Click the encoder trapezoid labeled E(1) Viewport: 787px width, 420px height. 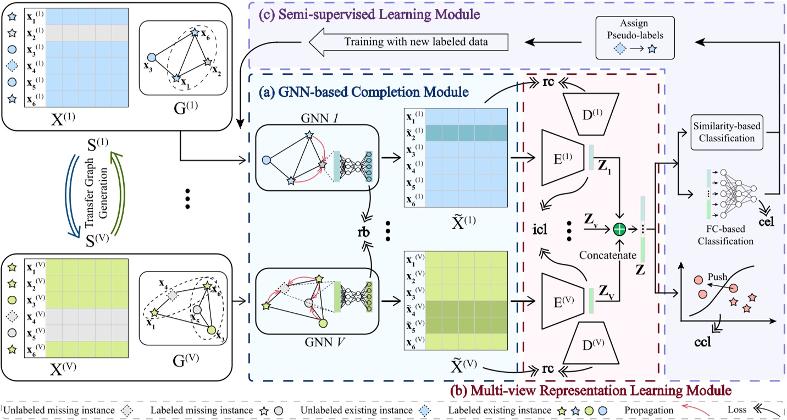pyautogui.click(x=562, y=158)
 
